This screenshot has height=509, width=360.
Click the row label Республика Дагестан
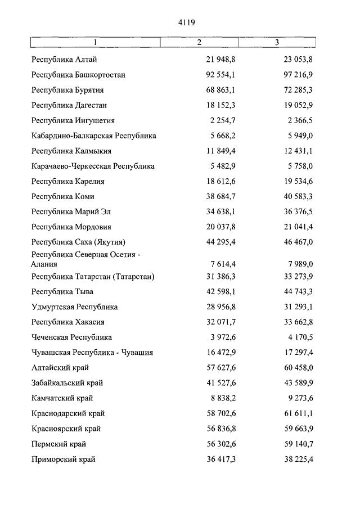[x=69, y=105]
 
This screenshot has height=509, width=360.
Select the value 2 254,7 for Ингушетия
[x=222, y=120]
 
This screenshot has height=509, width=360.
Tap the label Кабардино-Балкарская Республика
[x=94, y=136]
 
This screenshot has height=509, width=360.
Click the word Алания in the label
[x=44, y=264]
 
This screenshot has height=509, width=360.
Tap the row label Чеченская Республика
[x=71, y=337]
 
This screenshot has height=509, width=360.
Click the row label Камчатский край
[x=62, y=398]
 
